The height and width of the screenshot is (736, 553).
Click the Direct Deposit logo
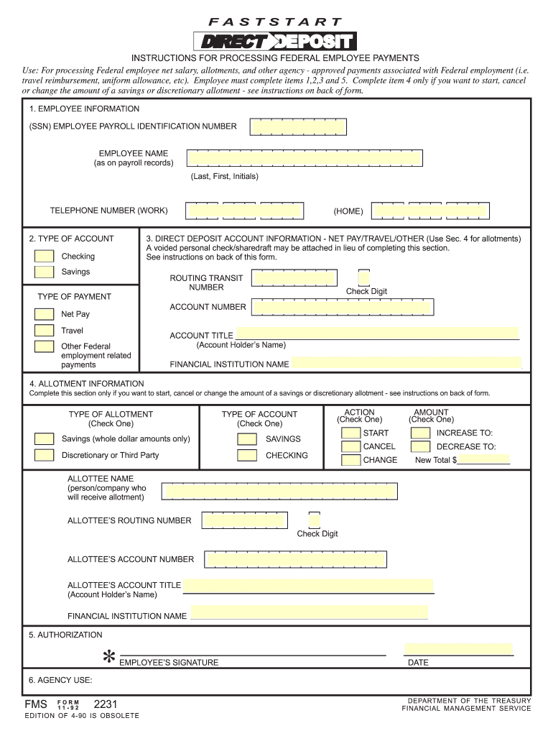pyautogui.click(x=276, y=42)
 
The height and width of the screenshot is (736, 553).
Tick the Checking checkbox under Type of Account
pyautogui.click(x=45, y=257)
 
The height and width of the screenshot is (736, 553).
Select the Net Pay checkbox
pyautogui.click(x=45, y=314)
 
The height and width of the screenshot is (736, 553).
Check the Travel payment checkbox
pyautogui.click(x=45, y=331)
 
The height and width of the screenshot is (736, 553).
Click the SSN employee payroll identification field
pyautogui.click(x=291, y=127)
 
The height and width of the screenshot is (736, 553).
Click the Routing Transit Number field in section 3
pyautogui.click(x=295, y=279)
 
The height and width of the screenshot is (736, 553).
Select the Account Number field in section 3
pyautogui.click(x=342, y=308)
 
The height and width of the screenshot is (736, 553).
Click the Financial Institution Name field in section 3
pyautogui.click(x=405, y=363)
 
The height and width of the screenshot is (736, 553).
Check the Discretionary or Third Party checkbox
pyautogui.click(x=45, y=455)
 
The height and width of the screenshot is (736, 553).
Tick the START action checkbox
pyautogui.click(x=351, y=433)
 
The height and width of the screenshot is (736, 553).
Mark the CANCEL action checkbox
pyautogui.click(x=351, y=446)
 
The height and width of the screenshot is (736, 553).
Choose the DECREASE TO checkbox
pyautogui.click(x=421, y=446)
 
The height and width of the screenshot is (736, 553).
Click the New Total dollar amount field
pyautogui.click(x=483, y=459)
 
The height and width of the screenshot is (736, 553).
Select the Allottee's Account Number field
pyautogui.click(x=295, y=559)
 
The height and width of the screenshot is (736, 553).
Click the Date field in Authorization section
pyautogui.click(x=458, y=648)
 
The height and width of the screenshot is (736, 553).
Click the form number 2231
pyautogui.click(x=106, y=704)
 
